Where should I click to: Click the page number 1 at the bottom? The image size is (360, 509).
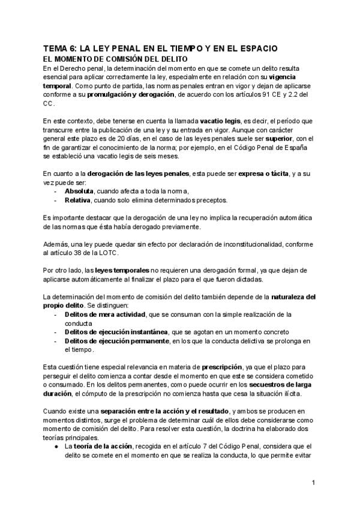point(313,482)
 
